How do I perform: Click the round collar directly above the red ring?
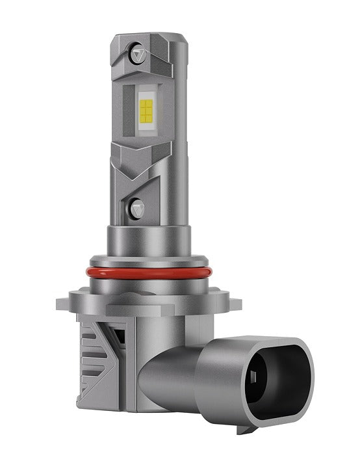pyautogui.click(x=149, y=247)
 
